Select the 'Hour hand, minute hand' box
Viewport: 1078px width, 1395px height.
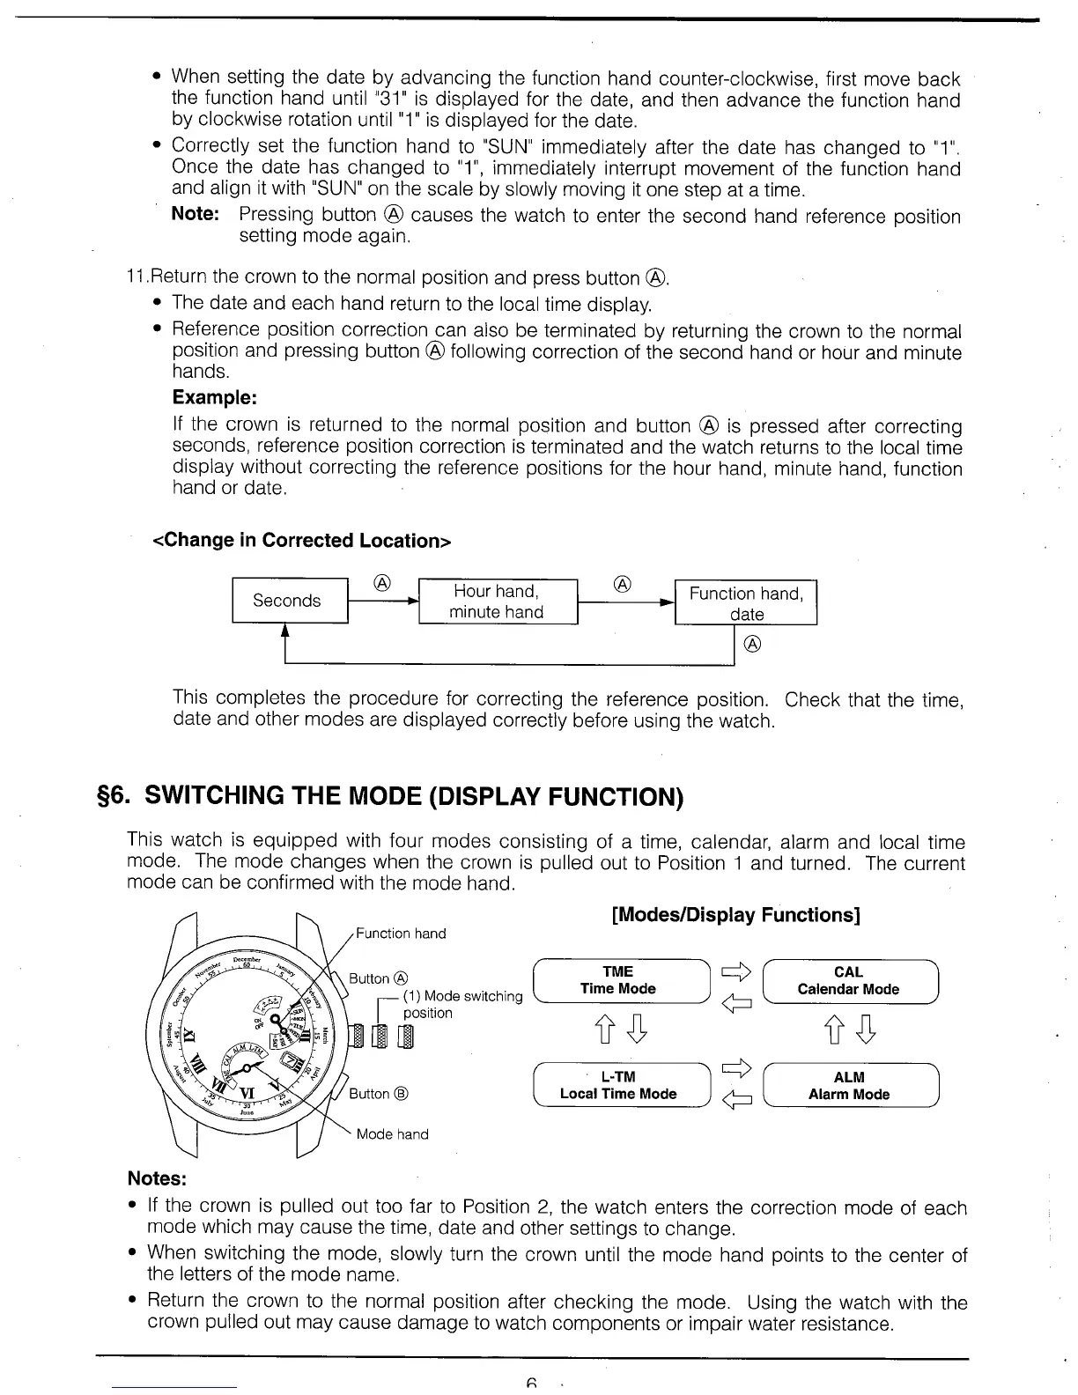point(498,602)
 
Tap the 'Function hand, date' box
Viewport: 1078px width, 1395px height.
point(746,602)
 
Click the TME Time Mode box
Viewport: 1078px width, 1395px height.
point(619,980)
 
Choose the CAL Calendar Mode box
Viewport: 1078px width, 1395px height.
point(849,980)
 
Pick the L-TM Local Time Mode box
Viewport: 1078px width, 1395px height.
point(619,1085)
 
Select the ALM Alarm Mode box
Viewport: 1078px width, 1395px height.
point(849,1085)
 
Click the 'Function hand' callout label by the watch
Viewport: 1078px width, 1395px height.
point(401,934)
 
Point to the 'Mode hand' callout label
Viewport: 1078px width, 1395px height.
point(392,1134)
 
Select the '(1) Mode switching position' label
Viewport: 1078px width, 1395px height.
point(462,1004)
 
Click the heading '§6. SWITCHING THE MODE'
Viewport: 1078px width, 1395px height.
point(405,796)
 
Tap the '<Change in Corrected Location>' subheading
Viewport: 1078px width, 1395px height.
point(302,540)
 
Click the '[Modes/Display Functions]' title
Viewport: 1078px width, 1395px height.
point(735,915)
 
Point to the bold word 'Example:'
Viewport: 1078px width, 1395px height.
point(214,397)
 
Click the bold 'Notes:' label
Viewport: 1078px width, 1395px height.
point(157,1178)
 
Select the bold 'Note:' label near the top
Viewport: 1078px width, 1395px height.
point(195,214)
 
